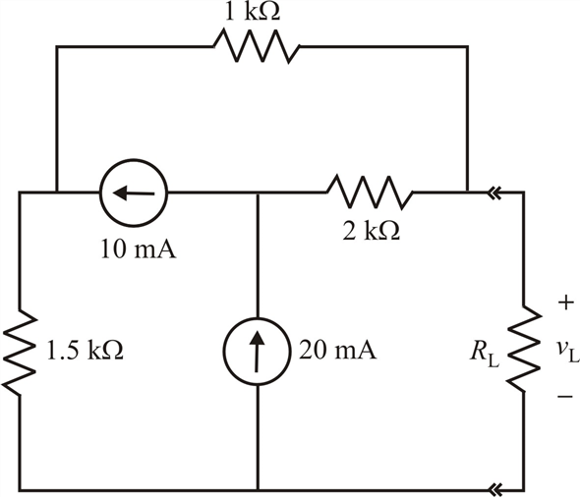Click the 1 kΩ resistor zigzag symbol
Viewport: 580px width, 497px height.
point(258,46)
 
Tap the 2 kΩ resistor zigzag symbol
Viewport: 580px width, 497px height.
point(370,193)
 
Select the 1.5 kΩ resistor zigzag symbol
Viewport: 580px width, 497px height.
point(20,352)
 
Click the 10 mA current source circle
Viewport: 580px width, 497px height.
point(134,193)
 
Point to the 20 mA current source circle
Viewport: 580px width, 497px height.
point(257,352)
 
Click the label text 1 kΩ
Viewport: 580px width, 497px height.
point(253,12)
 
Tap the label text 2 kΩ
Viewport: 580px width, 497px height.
point(371,232)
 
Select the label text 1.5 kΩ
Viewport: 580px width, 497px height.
point(85,350)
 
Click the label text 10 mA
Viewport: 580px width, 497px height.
point(139,249)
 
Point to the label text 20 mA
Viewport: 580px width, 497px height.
point(337,350)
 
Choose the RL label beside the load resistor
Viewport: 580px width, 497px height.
point(485,353)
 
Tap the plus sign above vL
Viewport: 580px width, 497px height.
point(565,303)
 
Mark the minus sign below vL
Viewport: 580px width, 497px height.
point(565,397)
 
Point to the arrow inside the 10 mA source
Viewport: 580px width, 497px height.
point(134,193)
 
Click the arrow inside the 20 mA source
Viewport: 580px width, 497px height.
point(257,352)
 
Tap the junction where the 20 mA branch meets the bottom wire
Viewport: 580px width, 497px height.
point(258,491)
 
